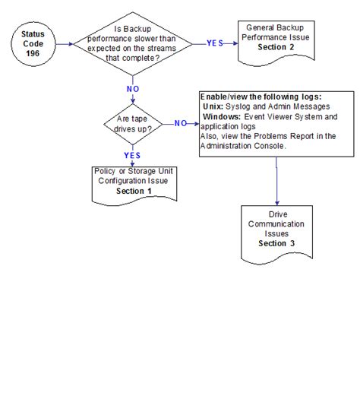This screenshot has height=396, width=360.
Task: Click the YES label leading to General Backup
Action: pos(215,43)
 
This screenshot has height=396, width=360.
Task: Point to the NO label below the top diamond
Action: pos(133,89)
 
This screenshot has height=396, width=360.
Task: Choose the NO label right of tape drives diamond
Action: pos(181,123)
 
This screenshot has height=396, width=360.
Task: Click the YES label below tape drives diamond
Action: pos(132,155)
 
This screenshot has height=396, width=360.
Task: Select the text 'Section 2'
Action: pos(276,47)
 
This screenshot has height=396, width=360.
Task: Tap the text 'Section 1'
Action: pos(134,191)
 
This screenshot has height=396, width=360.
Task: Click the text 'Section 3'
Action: pos(276,243)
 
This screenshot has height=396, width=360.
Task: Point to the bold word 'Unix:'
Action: pos(213,106)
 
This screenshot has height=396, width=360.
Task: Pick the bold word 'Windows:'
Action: pos(222,116)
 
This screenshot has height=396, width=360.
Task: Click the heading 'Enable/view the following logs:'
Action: pos(261,97)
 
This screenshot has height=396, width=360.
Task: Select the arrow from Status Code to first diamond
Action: pos(65,44)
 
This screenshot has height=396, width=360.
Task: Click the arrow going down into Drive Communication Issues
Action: pos(276,181)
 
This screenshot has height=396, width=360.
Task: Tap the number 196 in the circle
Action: pos(33,53)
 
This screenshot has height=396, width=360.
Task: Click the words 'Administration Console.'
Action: pos(243,146)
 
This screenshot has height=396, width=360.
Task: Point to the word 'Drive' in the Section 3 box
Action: pos(278,214)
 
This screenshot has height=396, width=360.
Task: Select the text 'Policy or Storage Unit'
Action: pos(134,171)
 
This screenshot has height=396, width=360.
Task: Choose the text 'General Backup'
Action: pos(275,27)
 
